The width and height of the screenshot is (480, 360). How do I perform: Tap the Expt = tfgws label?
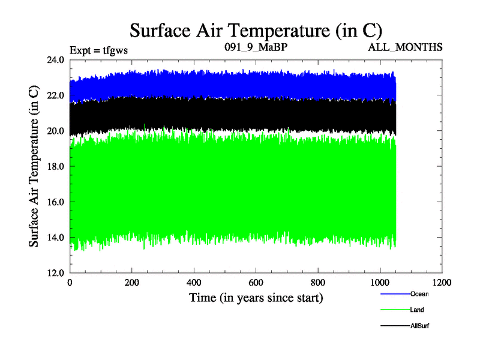coord(99,50)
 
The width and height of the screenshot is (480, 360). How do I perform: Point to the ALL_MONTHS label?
coord(406,47)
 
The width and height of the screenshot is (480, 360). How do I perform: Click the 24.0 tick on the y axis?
coord(56,60)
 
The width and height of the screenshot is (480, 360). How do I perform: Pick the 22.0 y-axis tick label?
coord(56,95)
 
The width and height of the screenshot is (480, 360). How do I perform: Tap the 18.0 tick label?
coord(56,166)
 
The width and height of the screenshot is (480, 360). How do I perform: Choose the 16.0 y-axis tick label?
coord(56,202)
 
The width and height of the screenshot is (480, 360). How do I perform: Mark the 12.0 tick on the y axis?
coord(56,272)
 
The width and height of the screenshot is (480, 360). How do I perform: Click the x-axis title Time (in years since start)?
coord(256,298)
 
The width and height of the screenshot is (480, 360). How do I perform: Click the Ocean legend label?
coord(419,294)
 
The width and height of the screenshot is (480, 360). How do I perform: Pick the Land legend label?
coord(418,310)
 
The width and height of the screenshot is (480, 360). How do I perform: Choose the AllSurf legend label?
coord(420,325)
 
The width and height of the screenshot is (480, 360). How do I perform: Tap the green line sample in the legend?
coord(394,310)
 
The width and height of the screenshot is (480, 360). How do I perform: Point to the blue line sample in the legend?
coord(394,294)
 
